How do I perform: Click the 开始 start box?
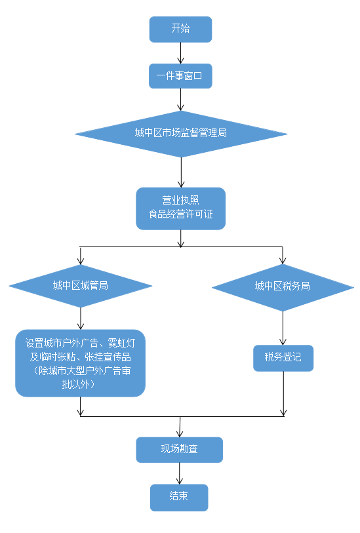(x=180, y=30)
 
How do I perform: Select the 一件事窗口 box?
(x=180, y=76)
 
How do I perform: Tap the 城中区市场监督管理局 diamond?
(x=181, y=134)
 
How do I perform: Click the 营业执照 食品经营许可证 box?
(x=180, y=208)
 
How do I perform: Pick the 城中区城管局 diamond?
(x=81, y=286)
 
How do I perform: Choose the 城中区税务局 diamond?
(x=283, y=287)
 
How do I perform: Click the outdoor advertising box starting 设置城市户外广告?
(x=80, y=363)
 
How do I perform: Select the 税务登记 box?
(x=283, y=358)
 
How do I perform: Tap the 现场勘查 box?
(x=180, y=450)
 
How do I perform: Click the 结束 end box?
(x=179, y=498)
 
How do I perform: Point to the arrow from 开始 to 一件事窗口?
(x=180, y=53)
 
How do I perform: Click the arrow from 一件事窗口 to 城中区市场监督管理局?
(x=180, y=100)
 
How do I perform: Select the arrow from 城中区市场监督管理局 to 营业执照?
(x=181, y=172)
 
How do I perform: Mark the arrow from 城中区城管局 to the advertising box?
(x=81, y=319)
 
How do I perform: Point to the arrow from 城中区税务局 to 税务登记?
(x=283, y=328)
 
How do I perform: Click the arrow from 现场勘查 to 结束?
(x=180, y=473)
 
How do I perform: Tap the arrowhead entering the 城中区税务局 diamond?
(x=283, y=261)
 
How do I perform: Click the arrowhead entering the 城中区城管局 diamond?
(x=81, y=261)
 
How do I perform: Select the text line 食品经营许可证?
(x=180, y=214)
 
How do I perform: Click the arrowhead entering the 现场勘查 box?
(x=180, y=434)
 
